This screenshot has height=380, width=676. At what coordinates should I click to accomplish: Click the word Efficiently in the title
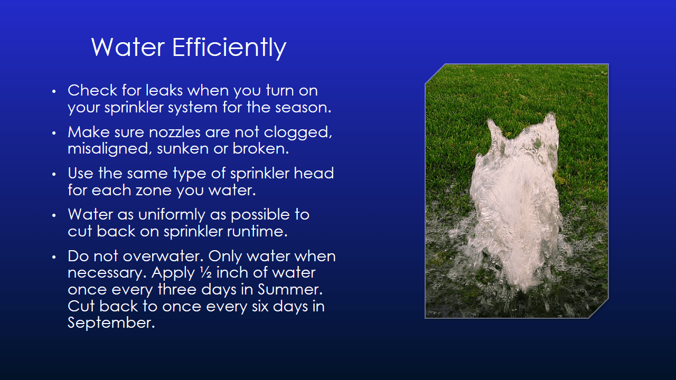click(229, 47)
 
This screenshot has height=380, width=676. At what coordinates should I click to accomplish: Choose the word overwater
click(163, 256)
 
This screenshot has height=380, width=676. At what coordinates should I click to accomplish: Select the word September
click(111, 322)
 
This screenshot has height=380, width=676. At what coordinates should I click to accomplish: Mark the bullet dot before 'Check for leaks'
click(53, 91)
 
